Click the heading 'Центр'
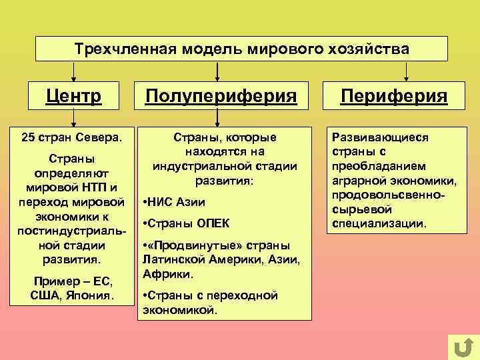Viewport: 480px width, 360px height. click(x=73, y=97)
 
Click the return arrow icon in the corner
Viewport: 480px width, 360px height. click(x=463, y=347)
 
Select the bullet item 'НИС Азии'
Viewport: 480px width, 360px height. click(x=175, y=202)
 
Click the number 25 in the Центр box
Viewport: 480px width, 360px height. click(x=29, y=138)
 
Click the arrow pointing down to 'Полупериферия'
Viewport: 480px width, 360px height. click(x=217, y=71)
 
